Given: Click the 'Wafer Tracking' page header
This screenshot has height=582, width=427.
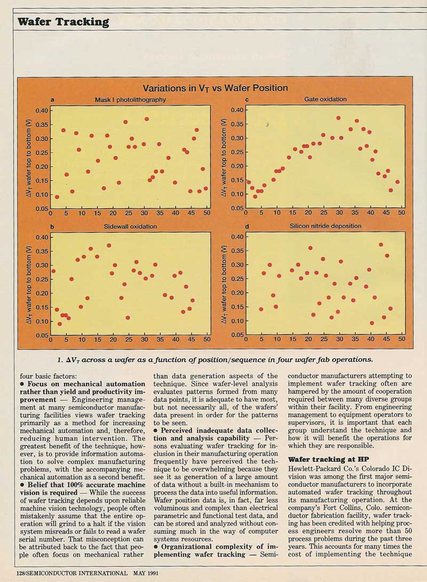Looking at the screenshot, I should point(63,22).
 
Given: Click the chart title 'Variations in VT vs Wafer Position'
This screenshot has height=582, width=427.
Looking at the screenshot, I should point(215,88).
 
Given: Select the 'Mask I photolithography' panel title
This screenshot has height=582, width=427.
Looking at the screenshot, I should point(130,100).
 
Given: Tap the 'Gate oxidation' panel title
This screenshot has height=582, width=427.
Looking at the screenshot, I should point(325,99).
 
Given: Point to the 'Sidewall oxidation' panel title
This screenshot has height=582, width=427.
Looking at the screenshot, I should point(130,227).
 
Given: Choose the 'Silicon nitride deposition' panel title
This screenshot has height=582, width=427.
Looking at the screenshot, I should point(325,226).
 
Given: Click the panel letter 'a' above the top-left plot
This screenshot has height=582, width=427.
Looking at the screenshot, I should point(52,100).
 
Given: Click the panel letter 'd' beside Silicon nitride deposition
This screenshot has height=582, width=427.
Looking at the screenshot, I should point(246,226).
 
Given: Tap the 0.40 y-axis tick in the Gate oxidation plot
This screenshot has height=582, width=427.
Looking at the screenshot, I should point(236,110).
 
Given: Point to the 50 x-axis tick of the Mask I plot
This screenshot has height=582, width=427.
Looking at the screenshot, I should point(207,214).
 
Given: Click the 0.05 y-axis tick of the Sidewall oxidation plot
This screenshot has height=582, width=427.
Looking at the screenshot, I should point(41,335).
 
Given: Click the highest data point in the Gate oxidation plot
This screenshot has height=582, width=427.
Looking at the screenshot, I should point(338,118).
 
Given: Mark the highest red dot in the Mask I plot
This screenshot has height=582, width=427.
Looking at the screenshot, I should point(147,119).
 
